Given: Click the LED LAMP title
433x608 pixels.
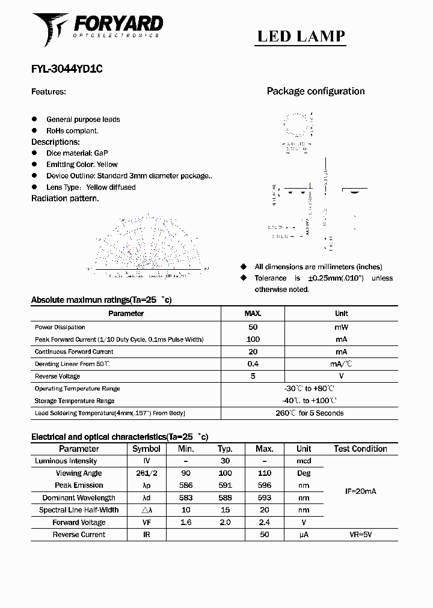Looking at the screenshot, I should [301, 37].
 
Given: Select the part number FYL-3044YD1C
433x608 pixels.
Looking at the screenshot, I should [67, 69].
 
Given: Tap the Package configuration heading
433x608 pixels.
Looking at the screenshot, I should [316, 91].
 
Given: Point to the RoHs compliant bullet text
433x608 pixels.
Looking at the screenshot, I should [72, 131].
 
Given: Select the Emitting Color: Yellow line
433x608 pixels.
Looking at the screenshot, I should [82, 165].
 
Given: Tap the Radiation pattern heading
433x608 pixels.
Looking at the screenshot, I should [65, 198].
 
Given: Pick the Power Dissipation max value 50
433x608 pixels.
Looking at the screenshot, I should [253, 327].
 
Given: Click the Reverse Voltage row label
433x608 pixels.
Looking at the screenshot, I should [57, 376].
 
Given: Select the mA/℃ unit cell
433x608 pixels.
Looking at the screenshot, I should [341, 364].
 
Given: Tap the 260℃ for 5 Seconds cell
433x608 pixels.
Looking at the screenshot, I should [309, 413].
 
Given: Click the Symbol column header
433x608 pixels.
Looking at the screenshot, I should [146, 449].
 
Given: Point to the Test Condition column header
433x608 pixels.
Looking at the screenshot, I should [360, 449].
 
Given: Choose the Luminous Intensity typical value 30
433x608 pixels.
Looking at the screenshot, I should [226, 461].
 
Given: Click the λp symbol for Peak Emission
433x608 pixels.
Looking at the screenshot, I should [146, 485].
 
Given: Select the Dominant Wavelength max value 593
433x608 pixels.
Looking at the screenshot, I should [264, 497].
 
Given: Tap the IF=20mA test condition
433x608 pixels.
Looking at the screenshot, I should [360, 491].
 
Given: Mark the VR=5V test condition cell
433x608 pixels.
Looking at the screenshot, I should [360, 534].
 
